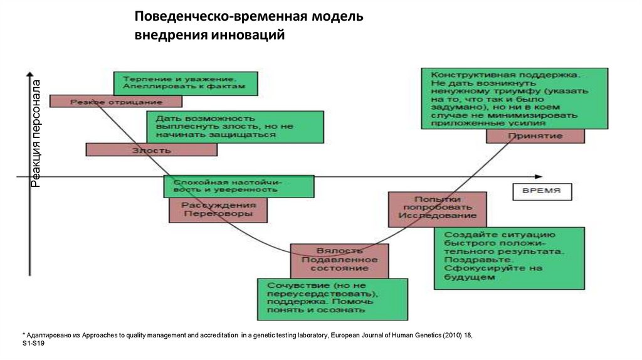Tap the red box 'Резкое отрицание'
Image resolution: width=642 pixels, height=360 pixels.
(x=116, y=101)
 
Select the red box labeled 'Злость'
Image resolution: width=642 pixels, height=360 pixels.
(x=151, y=150)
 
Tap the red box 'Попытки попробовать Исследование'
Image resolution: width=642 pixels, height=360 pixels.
(x=437, y=209)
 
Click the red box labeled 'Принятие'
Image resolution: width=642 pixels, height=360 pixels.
(x=535, y=136)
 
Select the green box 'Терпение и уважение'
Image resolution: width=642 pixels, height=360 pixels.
(x=185, y=83)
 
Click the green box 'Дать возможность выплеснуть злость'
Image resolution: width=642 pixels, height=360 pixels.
(x=234, y=127)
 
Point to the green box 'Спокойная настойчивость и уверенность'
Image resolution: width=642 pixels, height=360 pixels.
(x=238, y=186)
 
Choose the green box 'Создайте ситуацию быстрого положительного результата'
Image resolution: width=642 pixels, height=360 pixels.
(x=510, y=257)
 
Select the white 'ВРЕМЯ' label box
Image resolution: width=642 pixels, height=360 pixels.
(x=542, y=191)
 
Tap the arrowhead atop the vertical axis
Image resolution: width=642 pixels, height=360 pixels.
(x=29, y=75)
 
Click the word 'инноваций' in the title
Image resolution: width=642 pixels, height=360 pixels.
(x=247, y=35)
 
